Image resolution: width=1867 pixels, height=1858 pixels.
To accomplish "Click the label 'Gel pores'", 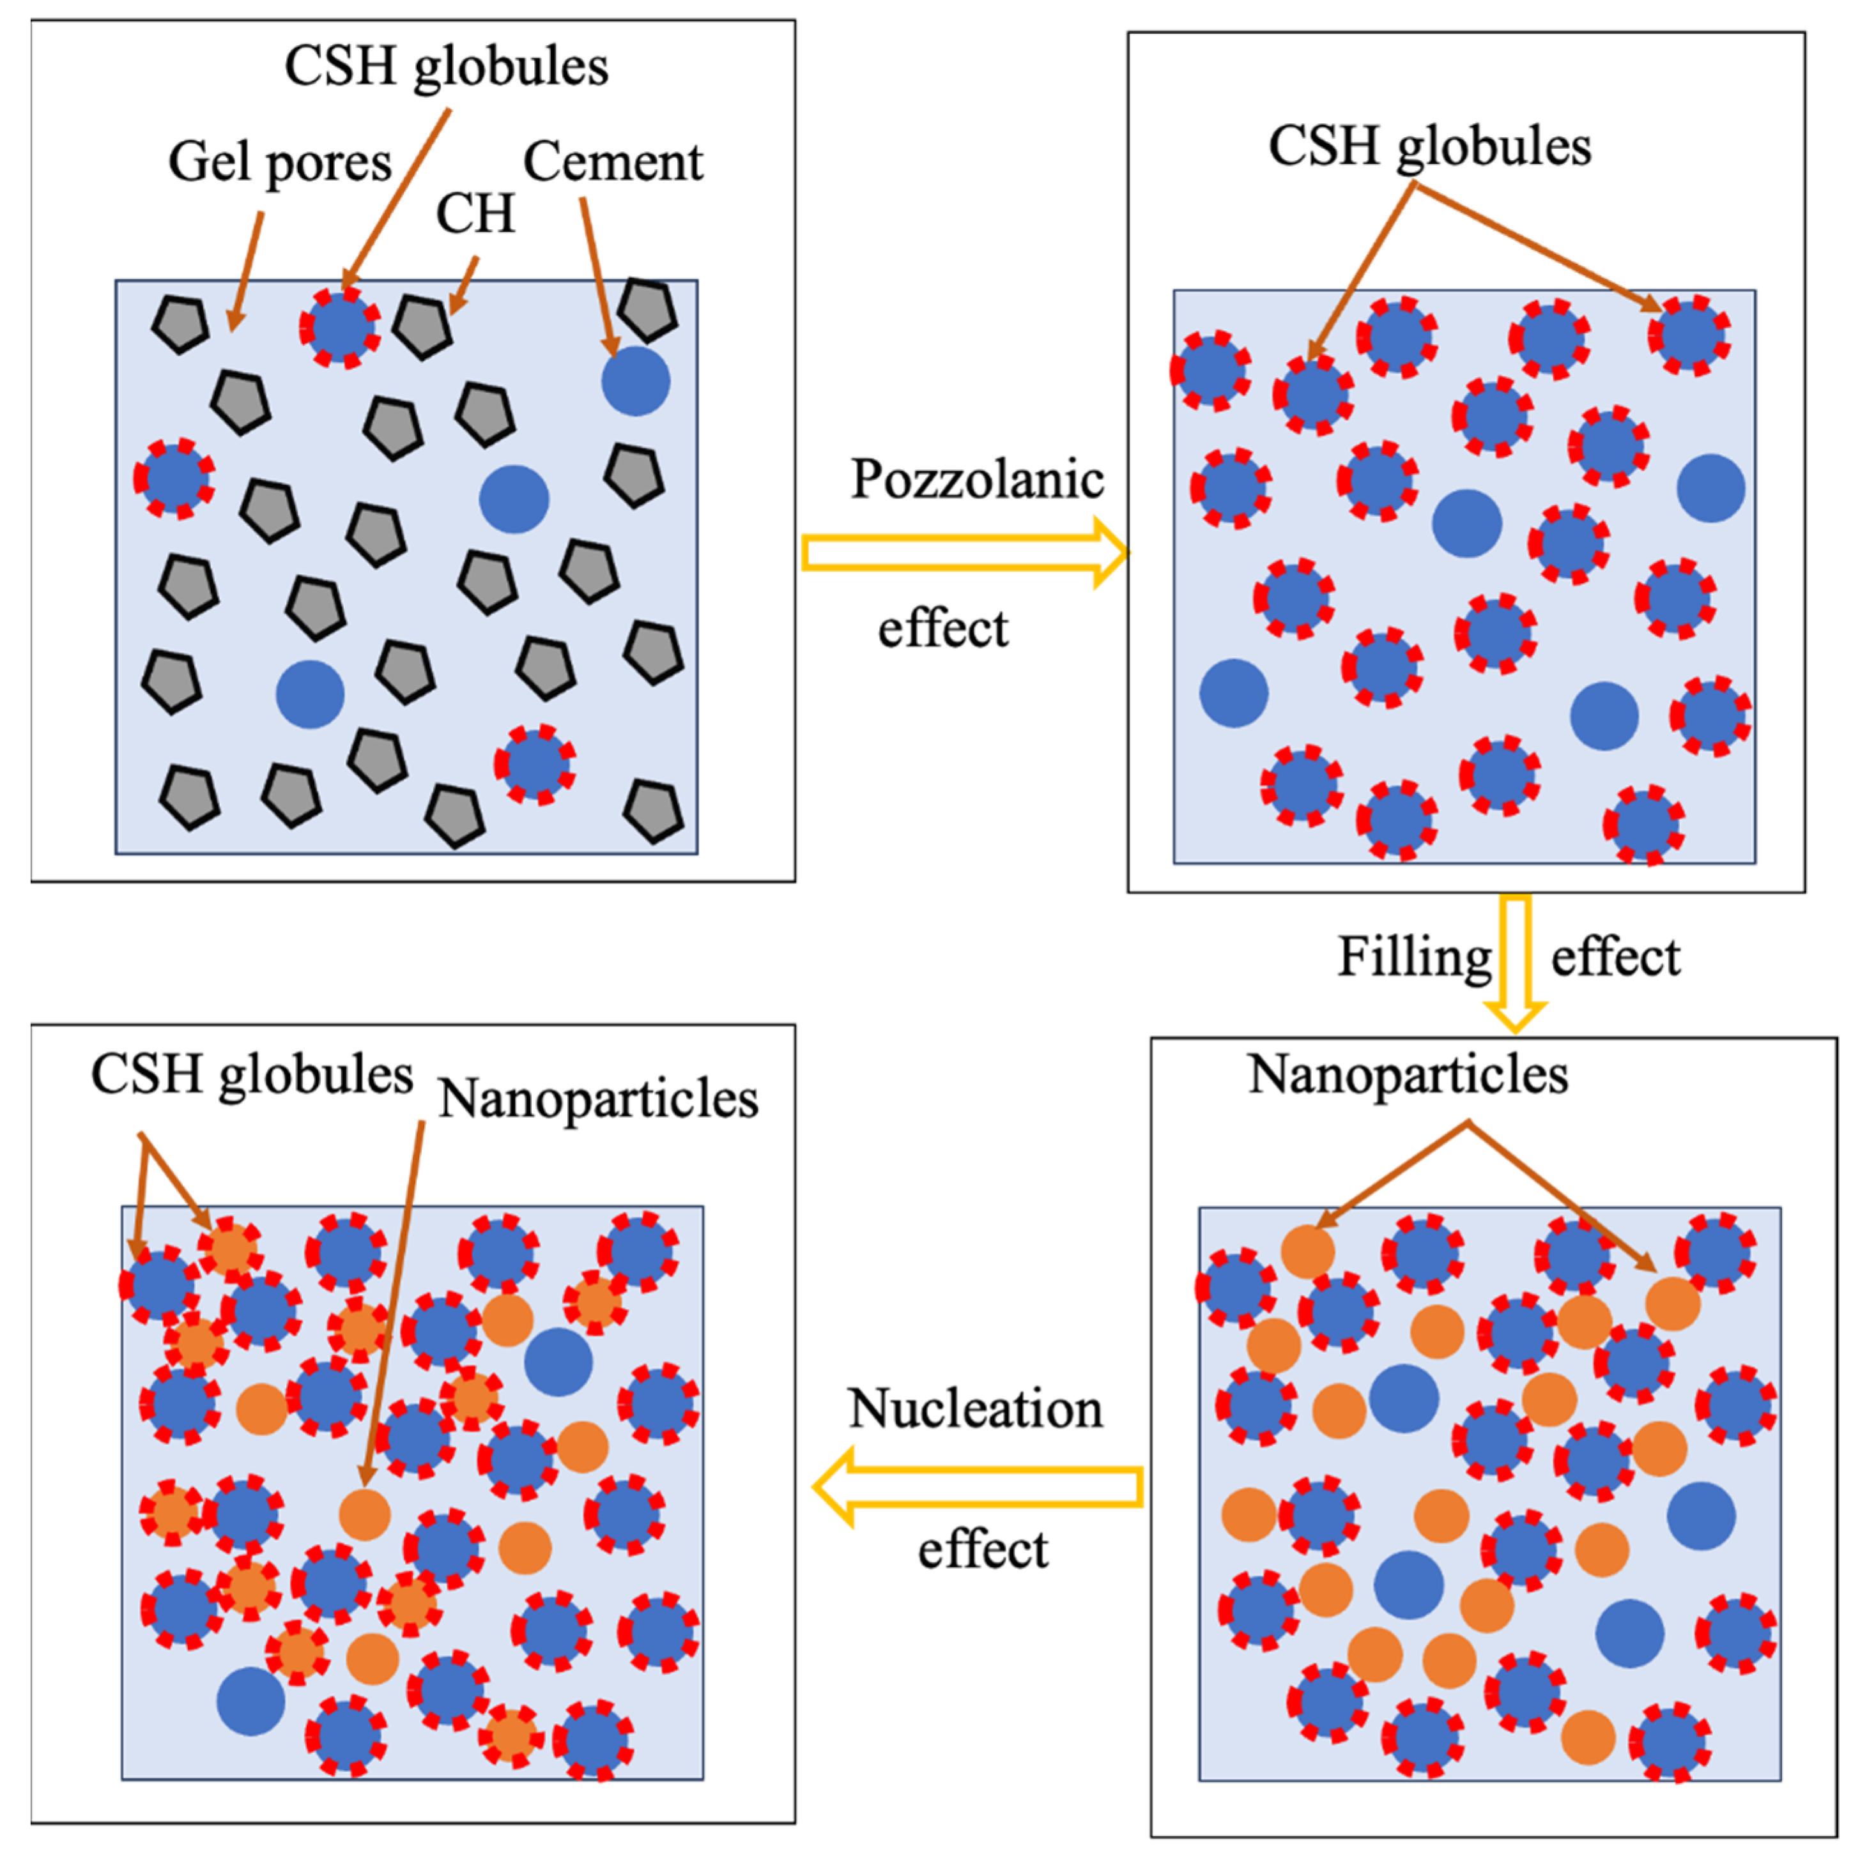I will [279, 162].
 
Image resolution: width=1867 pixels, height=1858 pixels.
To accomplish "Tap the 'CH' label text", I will [475, 213].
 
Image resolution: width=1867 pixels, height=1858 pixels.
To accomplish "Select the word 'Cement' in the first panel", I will [613, 162].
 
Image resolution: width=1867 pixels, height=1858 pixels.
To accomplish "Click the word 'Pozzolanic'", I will [977, 479].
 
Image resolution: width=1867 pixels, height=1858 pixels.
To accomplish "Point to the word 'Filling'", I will [1414, 957].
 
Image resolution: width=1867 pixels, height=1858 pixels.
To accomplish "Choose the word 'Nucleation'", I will [975, 1409].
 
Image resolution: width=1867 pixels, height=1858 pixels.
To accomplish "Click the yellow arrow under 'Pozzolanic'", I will [964, 552].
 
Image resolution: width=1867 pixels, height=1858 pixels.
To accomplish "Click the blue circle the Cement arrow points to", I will [635, 382].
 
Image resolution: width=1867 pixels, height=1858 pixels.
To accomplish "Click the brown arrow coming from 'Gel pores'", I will [247, 271].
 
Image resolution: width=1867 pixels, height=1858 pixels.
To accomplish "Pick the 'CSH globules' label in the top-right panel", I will [1429, 147].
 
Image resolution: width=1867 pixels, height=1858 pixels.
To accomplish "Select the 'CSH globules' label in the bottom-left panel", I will [252, 1074].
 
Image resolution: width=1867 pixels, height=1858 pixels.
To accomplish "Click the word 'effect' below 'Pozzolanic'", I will [942, 629].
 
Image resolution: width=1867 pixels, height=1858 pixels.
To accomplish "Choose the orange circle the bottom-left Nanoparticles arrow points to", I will [364, 1514].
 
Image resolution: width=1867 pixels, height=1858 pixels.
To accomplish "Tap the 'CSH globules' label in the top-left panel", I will [447, 66].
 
